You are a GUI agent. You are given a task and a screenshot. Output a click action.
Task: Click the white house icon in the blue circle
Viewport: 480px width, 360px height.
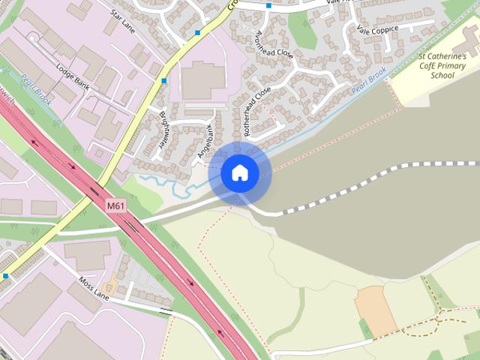(x=239, y=172)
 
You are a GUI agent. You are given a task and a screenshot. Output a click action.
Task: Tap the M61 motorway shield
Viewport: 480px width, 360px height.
(x=115, y=205)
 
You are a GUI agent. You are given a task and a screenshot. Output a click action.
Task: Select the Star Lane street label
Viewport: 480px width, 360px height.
(x=121, y=22)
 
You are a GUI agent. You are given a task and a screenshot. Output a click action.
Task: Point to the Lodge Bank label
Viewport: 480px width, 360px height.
(x=73, y=77)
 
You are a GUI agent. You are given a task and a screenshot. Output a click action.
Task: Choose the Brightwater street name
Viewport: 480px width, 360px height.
(x=163, y=134)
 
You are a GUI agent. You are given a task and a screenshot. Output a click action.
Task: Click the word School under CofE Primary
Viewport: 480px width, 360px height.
(x=442, y=76)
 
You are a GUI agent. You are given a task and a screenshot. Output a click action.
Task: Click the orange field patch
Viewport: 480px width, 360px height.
(x=376, y=310)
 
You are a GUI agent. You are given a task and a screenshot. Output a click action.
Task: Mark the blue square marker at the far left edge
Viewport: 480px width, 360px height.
(x=5, y=276)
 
